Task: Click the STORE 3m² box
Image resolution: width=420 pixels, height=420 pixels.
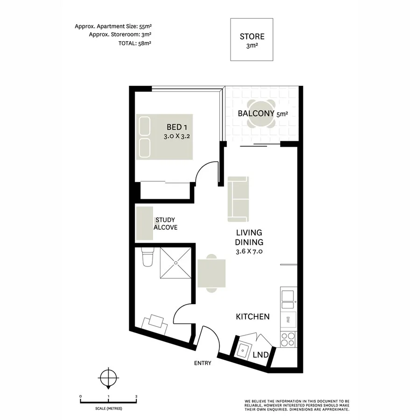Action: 252,40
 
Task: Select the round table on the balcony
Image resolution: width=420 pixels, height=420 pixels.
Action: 261,114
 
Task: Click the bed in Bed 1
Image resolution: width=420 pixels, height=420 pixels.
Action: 164,137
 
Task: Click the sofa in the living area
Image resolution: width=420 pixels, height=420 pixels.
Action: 238,199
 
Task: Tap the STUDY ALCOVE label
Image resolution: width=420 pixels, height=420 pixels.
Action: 166,224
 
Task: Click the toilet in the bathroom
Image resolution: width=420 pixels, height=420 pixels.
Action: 147,258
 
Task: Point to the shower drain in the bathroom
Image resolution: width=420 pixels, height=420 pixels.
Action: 175,263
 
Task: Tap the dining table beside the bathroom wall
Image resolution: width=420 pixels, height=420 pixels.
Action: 212,273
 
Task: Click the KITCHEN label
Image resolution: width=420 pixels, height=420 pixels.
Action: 252,316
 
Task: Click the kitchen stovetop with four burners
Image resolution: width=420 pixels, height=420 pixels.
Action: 287,339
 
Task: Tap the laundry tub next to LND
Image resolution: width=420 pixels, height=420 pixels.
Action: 243,350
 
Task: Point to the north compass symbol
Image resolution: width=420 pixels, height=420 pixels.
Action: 108,377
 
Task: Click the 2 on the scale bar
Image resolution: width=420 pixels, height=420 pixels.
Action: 136,396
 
